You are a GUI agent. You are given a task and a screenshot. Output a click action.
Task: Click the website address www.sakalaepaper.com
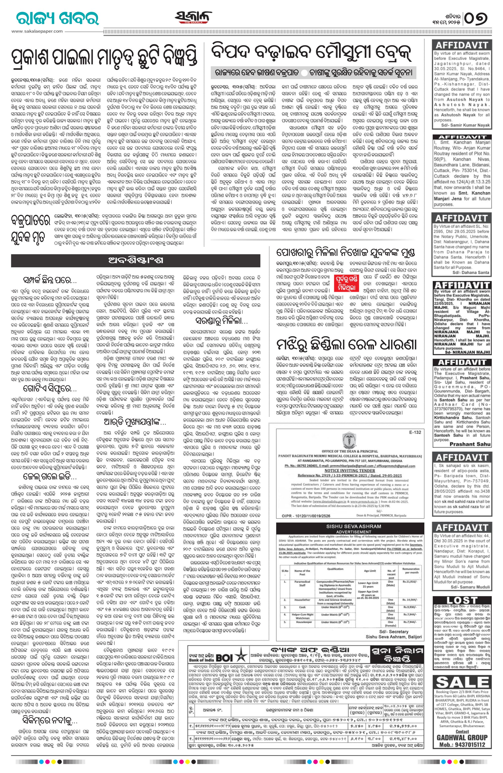(37, 31)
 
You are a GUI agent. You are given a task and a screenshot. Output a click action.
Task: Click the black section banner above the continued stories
(136, 260)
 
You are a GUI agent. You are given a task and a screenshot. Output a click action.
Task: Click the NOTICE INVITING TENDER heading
(349, 470)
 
